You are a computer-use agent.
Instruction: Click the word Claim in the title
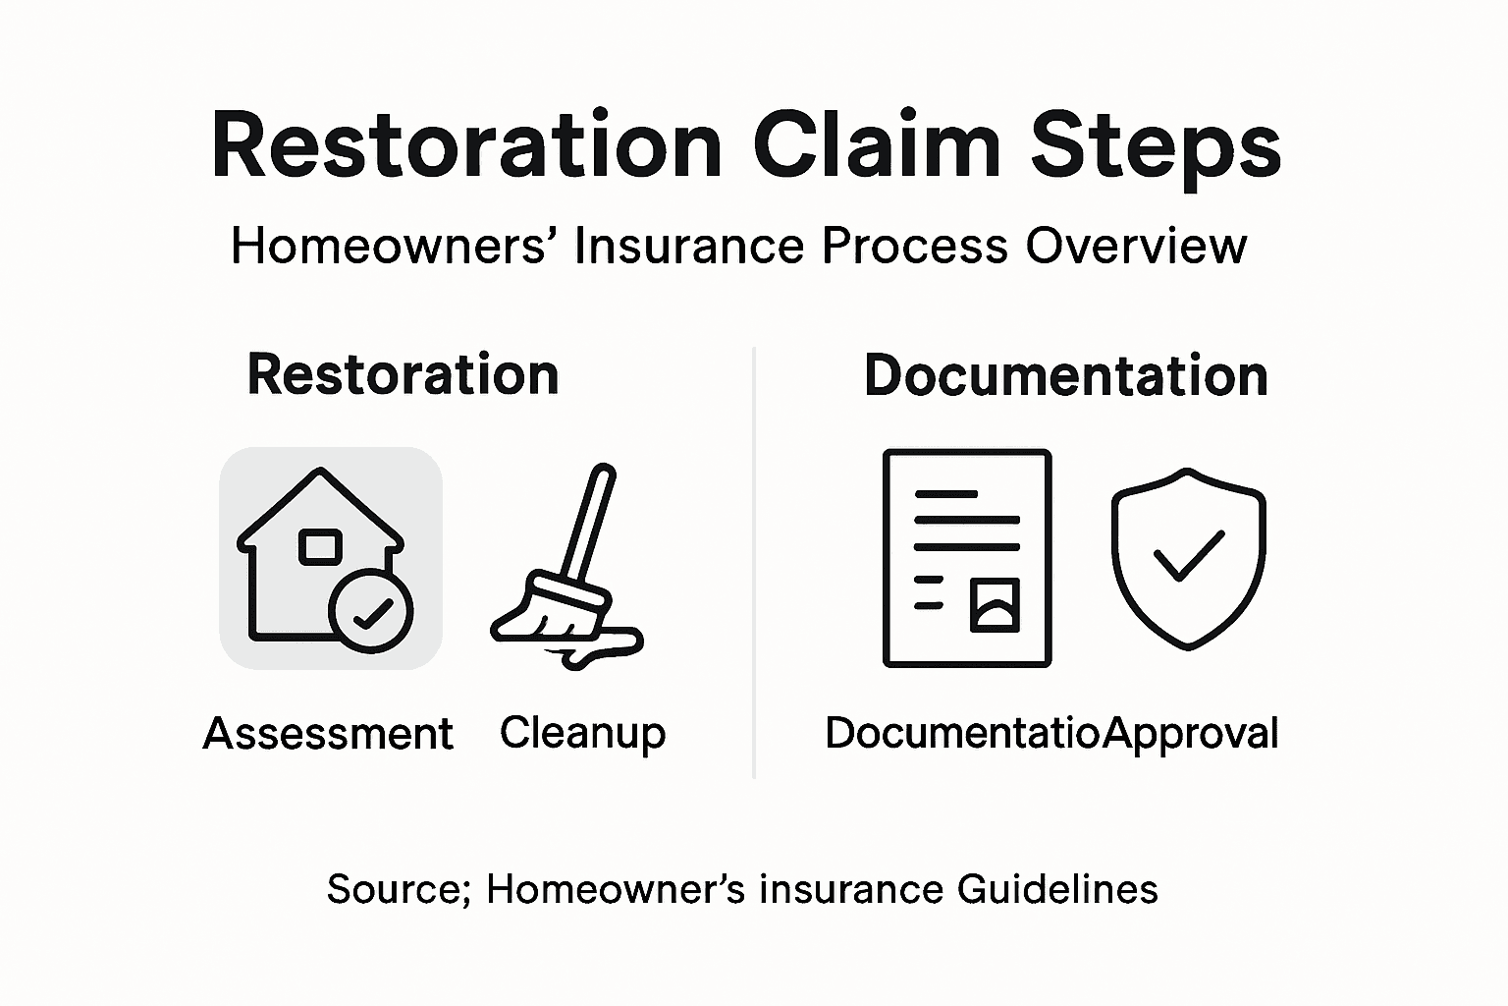877,145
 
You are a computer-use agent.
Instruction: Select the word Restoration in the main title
466,145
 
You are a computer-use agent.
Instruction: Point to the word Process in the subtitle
914,246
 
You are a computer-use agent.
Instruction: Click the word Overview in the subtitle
1136,246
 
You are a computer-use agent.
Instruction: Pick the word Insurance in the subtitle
693,246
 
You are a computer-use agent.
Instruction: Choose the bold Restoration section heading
403,374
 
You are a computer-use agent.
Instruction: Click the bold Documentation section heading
1065,375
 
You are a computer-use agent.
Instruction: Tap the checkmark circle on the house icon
371,611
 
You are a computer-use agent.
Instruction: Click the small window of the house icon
320,546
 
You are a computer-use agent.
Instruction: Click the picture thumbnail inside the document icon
995,604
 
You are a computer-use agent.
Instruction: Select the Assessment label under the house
328,734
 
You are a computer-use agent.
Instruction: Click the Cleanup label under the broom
582,733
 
